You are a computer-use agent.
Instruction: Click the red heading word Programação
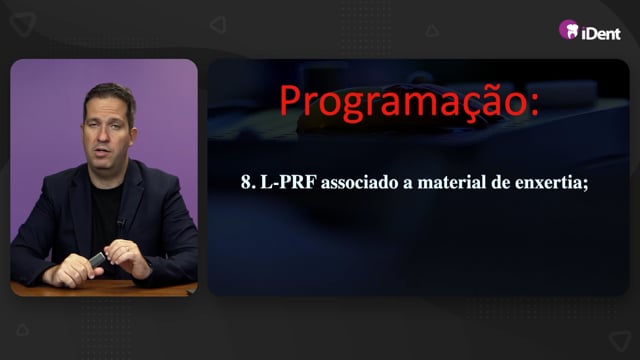tap(403, 101)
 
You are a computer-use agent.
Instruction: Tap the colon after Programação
tap(534, 105)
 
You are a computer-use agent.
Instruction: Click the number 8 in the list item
tap(246, 182)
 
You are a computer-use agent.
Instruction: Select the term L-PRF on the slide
tap(289, 182)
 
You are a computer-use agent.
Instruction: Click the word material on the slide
tap(452, 182)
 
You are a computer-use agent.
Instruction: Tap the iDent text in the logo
tap(601, 33)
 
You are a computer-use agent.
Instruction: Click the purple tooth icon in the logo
tap(569, 30)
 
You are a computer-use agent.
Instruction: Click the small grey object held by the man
tap(98, 259)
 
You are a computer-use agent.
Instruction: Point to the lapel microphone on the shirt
tap(120, 222)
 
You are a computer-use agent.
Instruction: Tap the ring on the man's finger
tap(127, 248)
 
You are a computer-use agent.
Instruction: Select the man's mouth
tap(103, 152)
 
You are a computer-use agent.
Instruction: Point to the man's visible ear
tap(133, 137)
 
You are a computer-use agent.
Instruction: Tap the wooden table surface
tap(102, 288)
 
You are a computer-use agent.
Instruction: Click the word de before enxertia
tap(501, 182)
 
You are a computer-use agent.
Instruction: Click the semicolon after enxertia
tap(586, 184)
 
